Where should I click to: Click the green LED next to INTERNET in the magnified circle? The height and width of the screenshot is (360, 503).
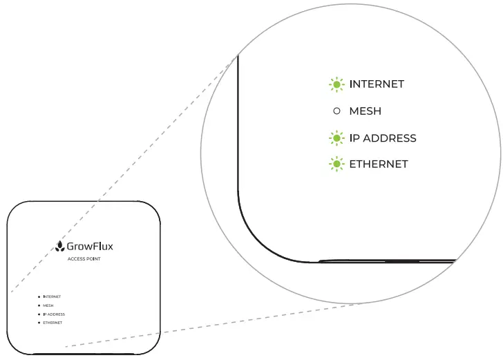336,84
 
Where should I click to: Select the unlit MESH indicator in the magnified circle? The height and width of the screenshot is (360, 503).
336,111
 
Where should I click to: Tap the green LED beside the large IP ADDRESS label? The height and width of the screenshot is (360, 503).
336,138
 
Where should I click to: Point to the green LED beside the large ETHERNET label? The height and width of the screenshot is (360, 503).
336,164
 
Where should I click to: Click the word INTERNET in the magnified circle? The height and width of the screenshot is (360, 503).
377,84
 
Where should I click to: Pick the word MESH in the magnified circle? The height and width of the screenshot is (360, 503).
365,111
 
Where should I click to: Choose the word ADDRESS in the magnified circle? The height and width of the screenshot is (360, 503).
390,138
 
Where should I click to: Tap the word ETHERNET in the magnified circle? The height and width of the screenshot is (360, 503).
379,164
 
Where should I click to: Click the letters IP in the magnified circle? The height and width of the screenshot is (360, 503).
355,138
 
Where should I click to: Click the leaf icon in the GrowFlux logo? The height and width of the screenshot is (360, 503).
59,245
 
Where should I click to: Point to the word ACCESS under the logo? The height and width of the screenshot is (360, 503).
76,259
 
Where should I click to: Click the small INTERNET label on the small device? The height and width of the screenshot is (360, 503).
52,296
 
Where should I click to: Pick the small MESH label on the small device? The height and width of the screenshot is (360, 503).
48,305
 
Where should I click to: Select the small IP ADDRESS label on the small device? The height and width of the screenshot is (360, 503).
54,314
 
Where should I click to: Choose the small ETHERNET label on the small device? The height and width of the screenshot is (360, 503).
53,323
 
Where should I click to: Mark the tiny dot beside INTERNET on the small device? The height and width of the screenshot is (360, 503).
38,296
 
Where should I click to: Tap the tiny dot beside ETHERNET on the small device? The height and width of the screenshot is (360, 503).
38,323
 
